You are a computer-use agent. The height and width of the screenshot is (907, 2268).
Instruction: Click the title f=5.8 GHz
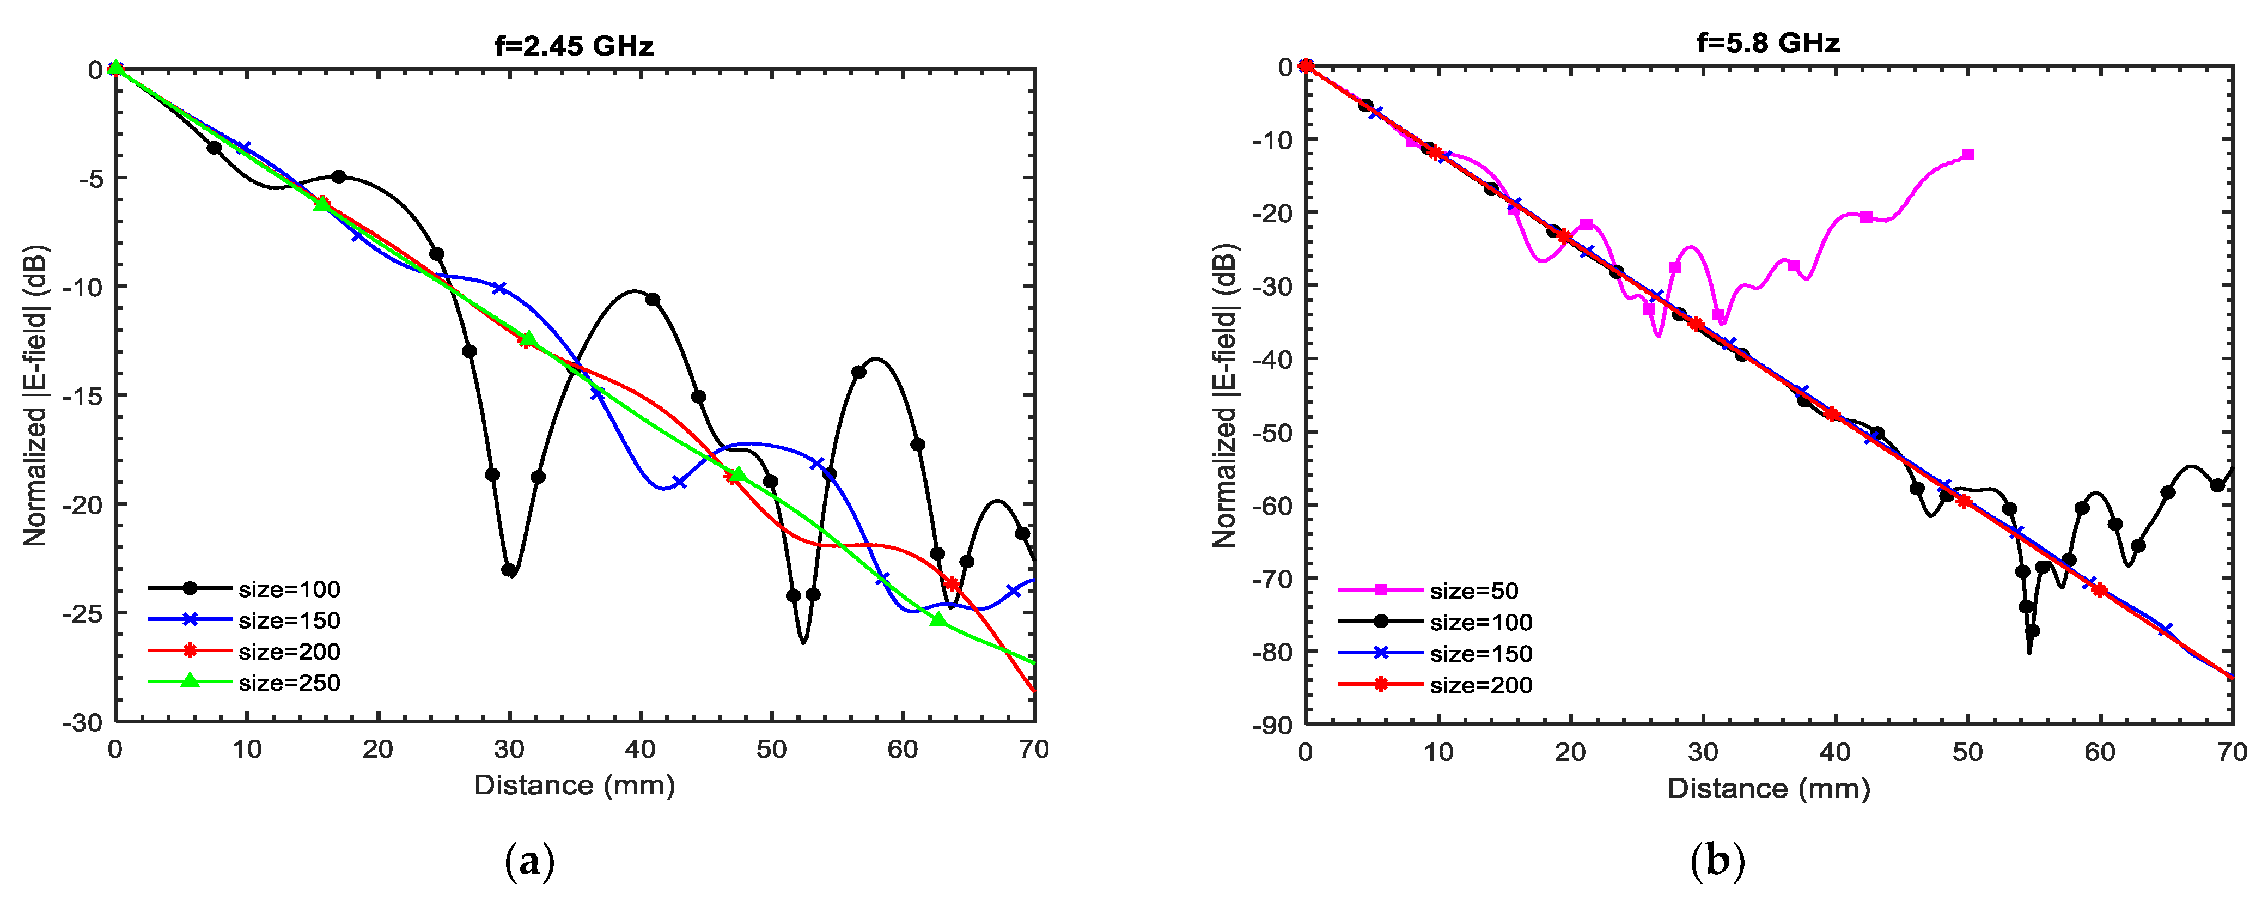(1768, 42)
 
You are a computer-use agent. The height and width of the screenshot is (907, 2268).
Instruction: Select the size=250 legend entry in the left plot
(289, 683)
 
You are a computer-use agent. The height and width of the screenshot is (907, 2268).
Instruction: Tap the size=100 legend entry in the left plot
(289, 589)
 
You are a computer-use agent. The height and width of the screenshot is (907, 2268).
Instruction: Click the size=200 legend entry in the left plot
(289, 652)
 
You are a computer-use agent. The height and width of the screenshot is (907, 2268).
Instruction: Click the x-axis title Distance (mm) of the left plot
(574, 784)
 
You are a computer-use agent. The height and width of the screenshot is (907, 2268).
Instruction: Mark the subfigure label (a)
(529, 860)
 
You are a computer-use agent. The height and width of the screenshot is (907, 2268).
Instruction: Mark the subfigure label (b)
(1717, 860)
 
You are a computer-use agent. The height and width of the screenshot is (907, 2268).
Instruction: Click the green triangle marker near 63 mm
(938, 619)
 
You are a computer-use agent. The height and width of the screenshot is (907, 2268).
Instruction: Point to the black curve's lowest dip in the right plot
(2029, 652)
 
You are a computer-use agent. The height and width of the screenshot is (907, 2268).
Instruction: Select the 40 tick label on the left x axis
(640, 750)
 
